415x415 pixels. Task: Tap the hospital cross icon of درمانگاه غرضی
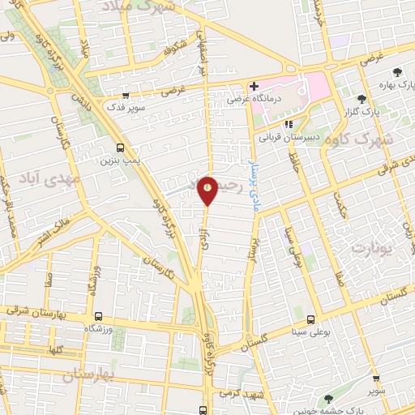(254, 86)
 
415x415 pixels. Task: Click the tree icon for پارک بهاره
(396, 72)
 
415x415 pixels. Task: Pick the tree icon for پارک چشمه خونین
(328, 399)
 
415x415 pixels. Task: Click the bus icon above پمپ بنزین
(120, 148)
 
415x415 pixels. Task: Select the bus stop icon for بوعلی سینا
(311, 318)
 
